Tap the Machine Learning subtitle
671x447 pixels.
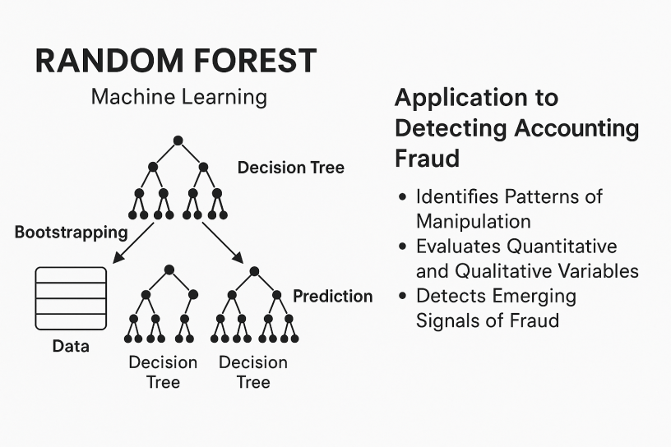pos(178,97)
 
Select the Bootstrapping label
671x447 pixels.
pos(72,232)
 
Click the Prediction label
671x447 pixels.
pos(333,296)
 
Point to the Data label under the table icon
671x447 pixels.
pos(71,346)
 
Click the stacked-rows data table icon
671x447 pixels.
pos(71,298)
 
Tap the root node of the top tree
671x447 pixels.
pos(178,141)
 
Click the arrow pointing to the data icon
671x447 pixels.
pos(132,242)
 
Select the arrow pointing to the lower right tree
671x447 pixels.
pos(223,242)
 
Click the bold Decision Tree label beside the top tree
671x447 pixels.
pos(290,168)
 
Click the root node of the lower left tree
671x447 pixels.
pos(169,270)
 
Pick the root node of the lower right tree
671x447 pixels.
pos(254,270)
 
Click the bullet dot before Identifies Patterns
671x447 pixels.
pos(402,198)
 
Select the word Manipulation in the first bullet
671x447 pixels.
pos(473,221)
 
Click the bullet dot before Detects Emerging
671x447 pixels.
pos(402,297)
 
